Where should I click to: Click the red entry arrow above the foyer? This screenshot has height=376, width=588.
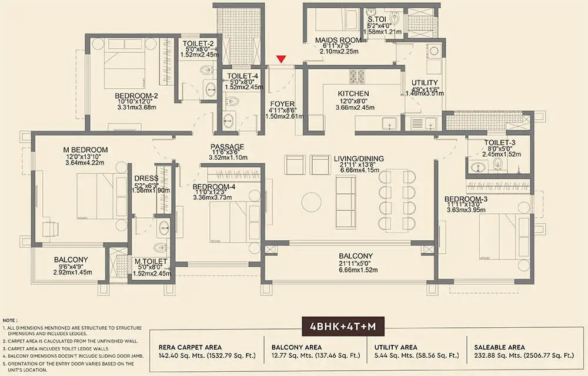pyautogui.click(x=282, y=58)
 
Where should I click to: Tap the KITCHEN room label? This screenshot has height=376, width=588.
pyautogui.click(x=353, y=93)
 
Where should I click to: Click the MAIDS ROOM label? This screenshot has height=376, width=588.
pyautogui.click(x=337, y=40)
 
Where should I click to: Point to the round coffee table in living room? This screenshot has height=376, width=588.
pyautogui.click(x=310, y=202)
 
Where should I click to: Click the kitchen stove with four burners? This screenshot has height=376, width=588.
pyautogui.click(x=357, y=76)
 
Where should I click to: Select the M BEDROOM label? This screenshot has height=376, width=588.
pyautogui.click(x=85, y=149)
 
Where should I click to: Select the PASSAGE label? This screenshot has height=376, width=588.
pyautogui.click(x=227, y=147)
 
